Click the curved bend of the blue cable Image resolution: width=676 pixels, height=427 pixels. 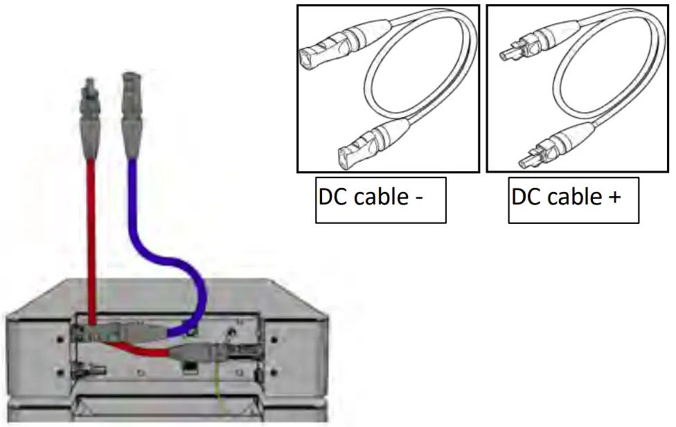click(x=187, y=277)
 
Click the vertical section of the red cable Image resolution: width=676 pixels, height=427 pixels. click(x=89, y=229)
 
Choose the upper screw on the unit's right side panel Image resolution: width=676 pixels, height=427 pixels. click(x=276, y=339)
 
